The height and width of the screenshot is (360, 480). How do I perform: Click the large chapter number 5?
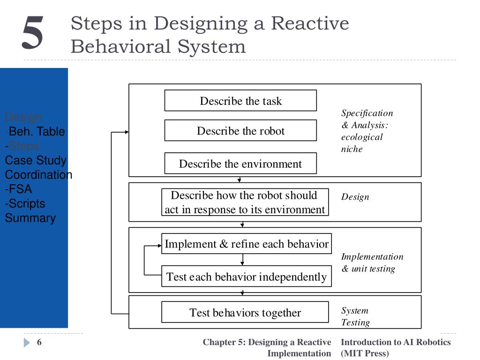point(32,33)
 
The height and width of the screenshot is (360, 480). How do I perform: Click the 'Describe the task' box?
point(240,101)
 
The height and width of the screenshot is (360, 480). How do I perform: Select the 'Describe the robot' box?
point(240,131)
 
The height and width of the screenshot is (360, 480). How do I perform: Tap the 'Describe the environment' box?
point(240,164)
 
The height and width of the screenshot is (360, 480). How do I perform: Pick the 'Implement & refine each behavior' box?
point(247,244)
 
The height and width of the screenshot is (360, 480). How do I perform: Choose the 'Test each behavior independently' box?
point(247,277)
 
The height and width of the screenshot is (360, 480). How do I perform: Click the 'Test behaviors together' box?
point(245,313)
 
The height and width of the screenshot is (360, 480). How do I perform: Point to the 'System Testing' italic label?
point(355,316)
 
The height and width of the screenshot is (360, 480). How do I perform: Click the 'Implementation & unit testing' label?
point(372,262)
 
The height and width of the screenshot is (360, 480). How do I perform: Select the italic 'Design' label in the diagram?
point(355,197)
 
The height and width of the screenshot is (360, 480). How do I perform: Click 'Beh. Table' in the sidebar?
point(37,132)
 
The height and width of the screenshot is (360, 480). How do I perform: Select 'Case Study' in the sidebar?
point(36,160)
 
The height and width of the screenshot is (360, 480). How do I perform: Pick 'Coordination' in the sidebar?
point(38,175)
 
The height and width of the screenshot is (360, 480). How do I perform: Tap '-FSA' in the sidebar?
point(19,189)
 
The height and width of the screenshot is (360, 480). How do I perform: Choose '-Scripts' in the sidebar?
point(25,203)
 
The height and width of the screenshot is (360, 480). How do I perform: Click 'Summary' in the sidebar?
point(30,218)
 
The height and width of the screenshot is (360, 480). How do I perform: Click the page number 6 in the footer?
point(39,342)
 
